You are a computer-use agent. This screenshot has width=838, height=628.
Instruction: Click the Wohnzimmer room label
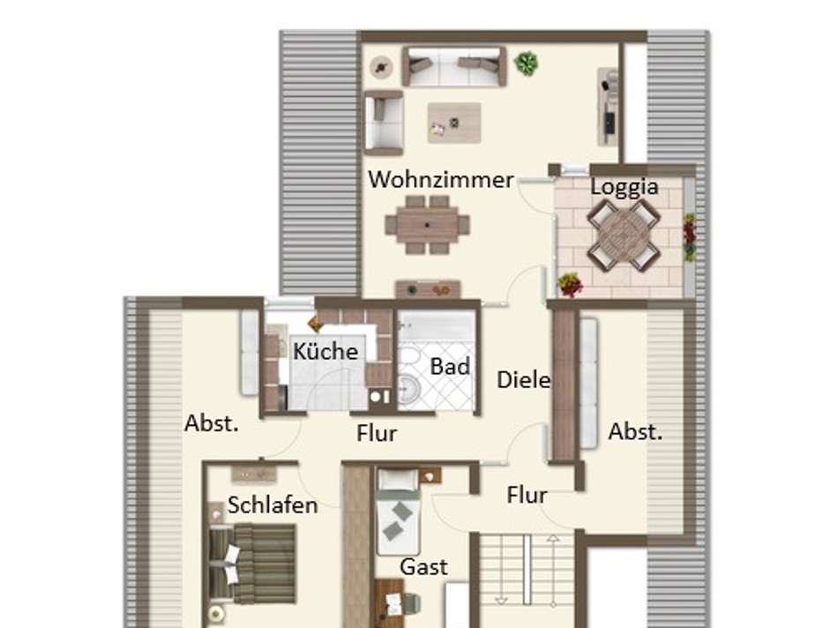[440, 180]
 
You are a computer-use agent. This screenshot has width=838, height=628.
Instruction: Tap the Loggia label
[624, 187]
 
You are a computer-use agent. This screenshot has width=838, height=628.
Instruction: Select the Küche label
[325, 351]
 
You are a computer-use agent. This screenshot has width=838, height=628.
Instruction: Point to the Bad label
[450, 366]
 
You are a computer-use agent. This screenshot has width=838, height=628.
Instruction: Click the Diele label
[523, 381]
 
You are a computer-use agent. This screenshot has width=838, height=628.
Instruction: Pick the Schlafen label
[272, 505]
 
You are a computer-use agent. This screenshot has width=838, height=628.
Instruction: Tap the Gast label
[423, 566]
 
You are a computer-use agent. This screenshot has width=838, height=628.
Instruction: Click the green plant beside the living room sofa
[527, 63]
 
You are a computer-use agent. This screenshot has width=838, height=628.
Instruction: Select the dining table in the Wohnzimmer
[428, 224]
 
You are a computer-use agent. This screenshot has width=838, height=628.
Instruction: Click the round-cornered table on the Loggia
[624, 235]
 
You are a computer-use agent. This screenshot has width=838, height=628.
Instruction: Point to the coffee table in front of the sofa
[454, 123]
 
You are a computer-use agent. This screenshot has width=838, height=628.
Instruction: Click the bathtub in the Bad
[438, 331]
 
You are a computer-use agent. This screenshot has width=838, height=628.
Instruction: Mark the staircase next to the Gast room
[525, 578]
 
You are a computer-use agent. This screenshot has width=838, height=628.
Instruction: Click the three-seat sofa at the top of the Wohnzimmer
[453, 66]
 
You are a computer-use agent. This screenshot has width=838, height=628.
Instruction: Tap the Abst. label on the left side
[212, 423]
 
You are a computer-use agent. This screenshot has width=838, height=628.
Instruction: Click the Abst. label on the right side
[635, 432]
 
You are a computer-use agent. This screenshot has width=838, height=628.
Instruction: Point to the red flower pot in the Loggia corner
[571, 284]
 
